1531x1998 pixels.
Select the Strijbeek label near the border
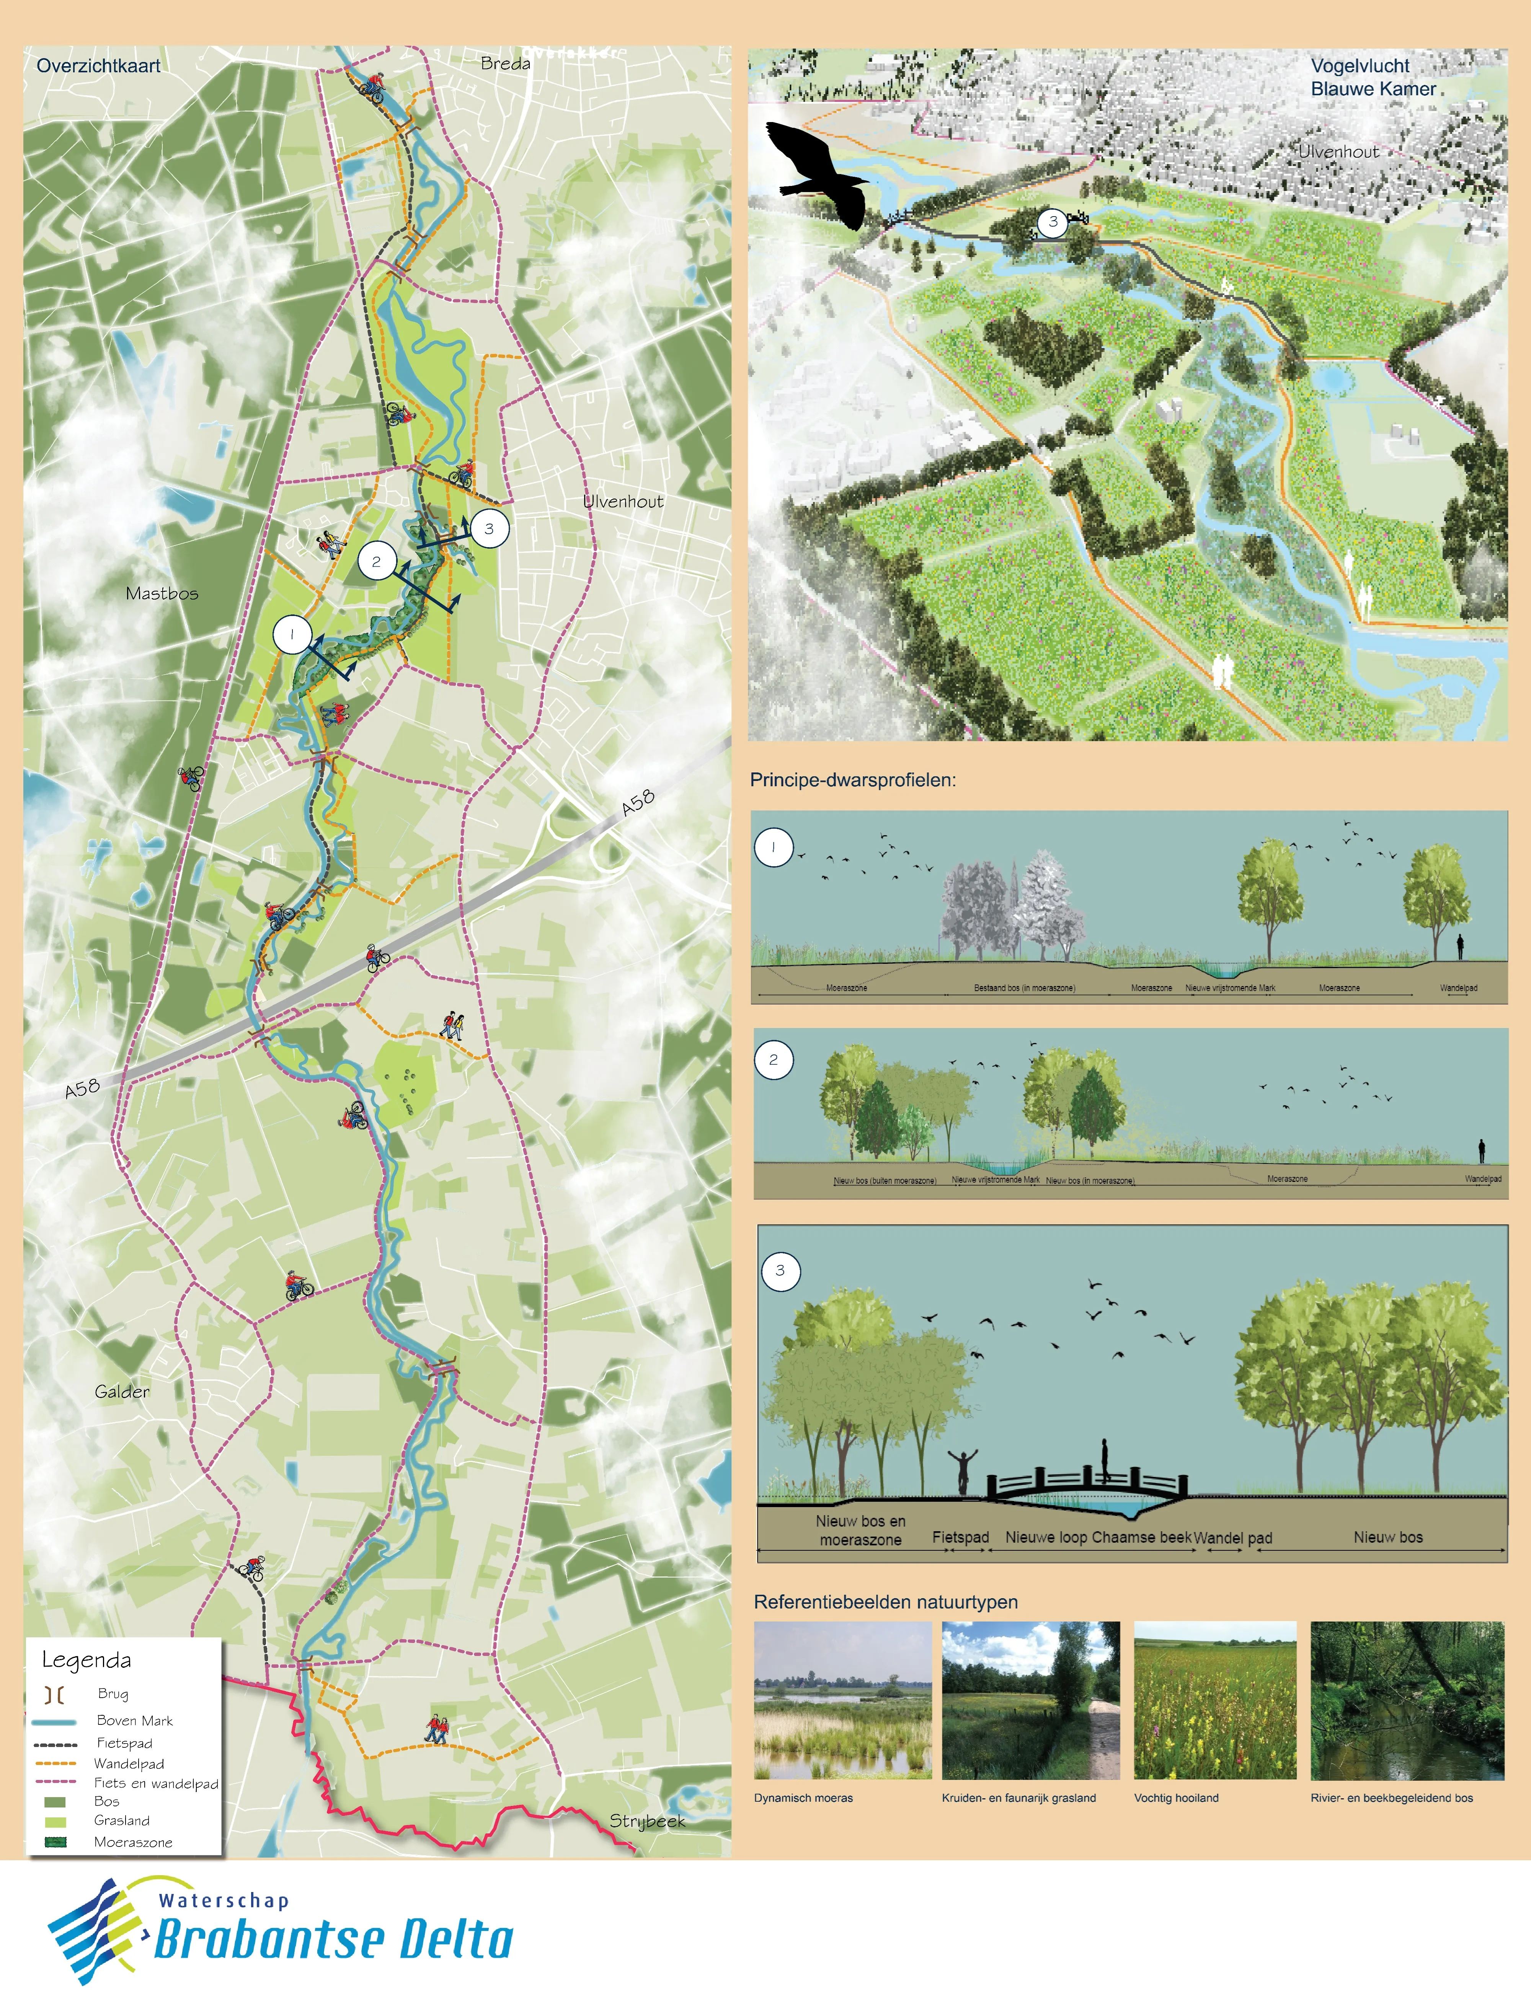pyautogui.click(x=646, y=1820)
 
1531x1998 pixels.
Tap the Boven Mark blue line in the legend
pyautogui.click(x=54, y=1721)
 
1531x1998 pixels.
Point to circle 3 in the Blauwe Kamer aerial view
pyautogui.click(x=1053, y=222)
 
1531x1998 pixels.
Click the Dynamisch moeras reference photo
pyautogui.click(x=843, y=1700)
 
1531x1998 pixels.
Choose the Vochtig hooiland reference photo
pyautogui.click(x=1214, y=1700)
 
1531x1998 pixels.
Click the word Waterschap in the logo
pyautogui.click(x=223, y=1900)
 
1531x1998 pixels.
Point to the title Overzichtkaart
pyautogui.click(x=98, y=65)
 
